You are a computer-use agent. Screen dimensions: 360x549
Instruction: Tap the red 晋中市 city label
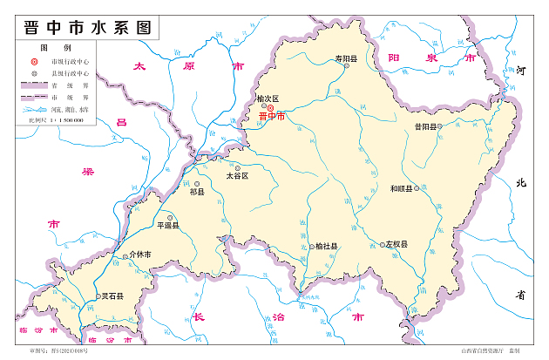[x=271, y=116]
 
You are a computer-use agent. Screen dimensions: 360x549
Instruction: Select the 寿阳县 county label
[x=347, y=59]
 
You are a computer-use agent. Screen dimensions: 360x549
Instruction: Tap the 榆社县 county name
[x=326, y=247]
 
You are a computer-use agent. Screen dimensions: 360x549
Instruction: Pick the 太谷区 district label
[x=237, y=175]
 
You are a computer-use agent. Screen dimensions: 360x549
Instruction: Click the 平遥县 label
[x=167, y=225]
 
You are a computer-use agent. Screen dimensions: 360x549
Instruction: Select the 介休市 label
[x=140, y=255]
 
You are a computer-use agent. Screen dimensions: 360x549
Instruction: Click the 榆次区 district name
[x=268, y=99]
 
